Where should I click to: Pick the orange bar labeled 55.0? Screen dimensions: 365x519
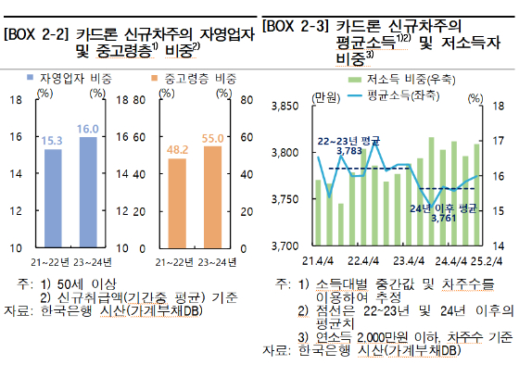pos(212,196)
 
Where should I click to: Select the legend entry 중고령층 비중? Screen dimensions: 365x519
pos(193,80)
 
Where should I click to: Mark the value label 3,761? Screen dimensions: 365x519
pos(444,220)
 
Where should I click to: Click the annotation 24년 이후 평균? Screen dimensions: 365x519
pos(443,209)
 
